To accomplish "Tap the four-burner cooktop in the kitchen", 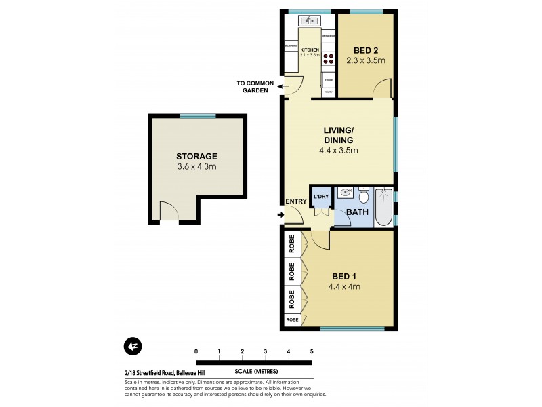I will (x=329, y=58).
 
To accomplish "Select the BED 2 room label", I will (x=366, y=50).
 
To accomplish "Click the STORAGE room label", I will (x=196, y=155).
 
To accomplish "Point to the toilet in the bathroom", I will (x=364, y=197).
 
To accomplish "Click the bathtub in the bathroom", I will (x=384, y=207).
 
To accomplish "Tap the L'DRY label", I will (x=320, y=197).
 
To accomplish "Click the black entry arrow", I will (x=280, y=216).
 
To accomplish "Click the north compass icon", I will (x=132, y=346).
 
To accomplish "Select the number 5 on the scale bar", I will (x=312, y=351).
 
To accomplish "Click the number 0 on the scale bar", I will (x=196, y=351).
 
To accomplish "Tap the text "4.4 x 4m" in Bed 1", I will (x=345, y=286).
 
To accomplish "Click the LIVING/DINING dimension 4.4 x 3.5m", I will (x=339, y=151).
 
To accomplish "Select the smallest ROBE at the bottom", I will (x=292, y=319).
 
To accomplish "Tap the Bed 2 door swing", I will (x=383, y=88).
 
